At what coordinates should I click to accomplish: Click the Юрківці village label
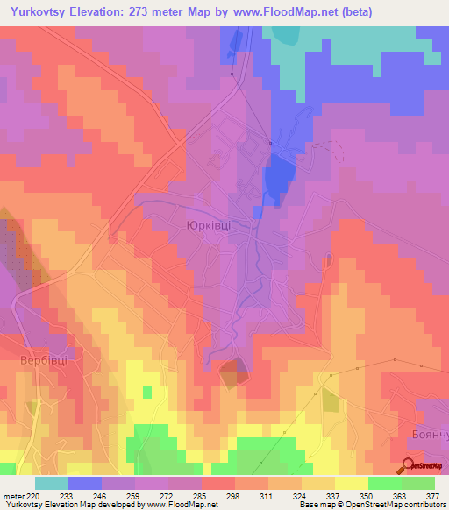pos(209,225)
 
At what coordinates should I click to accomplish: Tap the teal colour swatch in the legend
pos(52,483)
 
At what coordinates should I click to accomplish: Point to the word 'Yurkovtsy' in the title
pos(39,12)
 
